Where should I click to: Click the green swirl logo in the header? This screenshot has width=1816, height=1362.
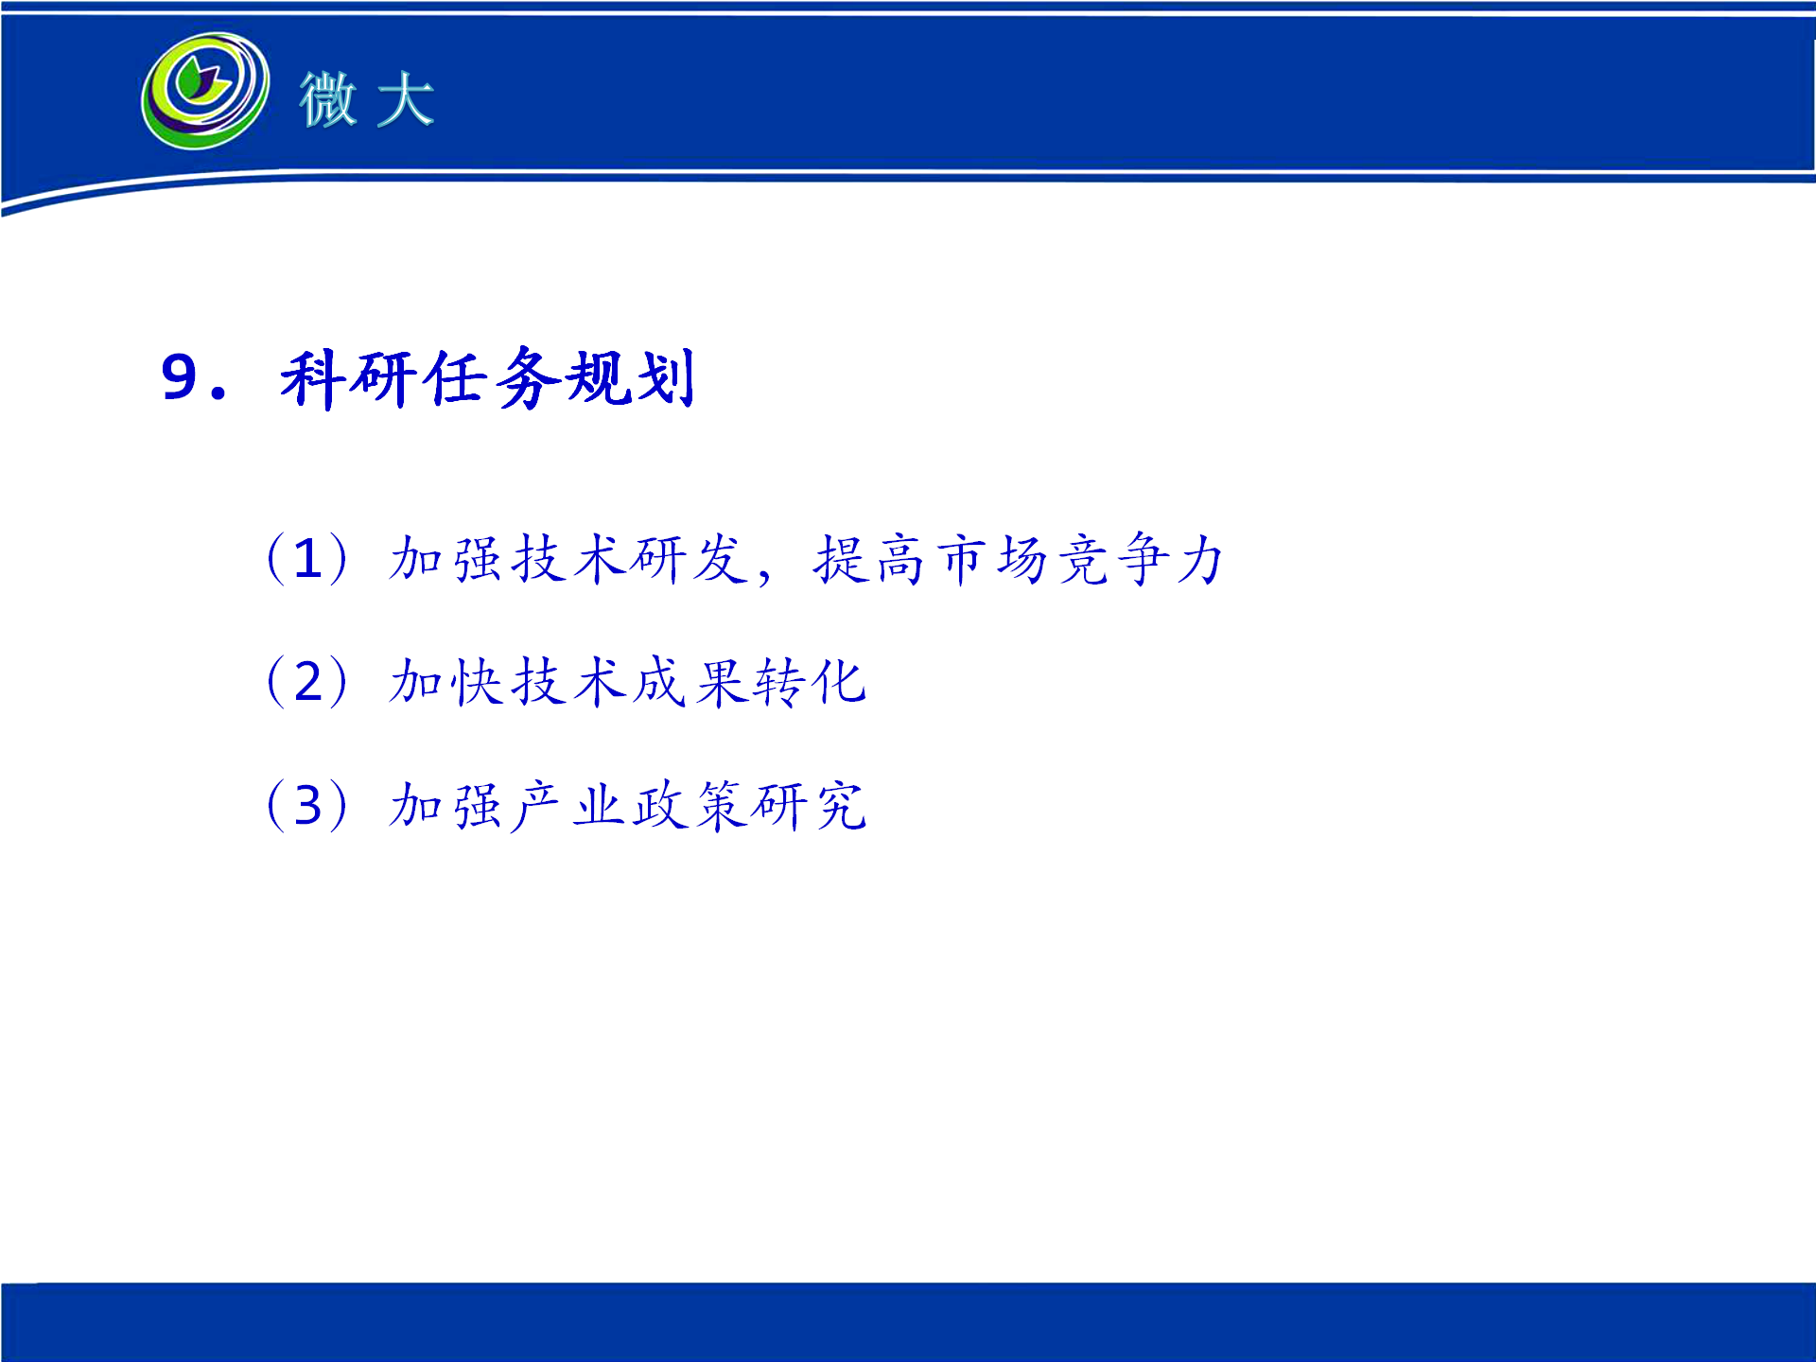tap(205, 92)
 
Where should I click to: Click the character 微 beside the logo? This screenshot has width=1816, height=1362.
tap(328, 99)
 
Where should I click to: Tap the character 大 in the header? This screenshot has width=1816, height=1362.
tap(405, 99)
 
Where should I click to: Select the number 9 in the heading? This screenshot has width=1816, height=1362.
tap(179, 377)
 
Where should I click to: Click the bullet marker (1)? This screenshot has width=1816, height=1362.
tap(308, 558)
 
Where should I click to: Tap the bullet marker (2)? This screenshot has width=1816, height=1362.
tap(308, 681)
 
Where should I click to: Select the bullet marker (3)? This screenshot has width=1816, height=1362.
tap(308, 805)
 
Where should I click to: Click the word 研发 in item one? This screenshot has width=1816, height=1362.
tap(690, 558)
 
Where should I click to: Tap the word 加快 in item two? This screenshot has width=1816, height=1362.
tap(445, 681)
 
